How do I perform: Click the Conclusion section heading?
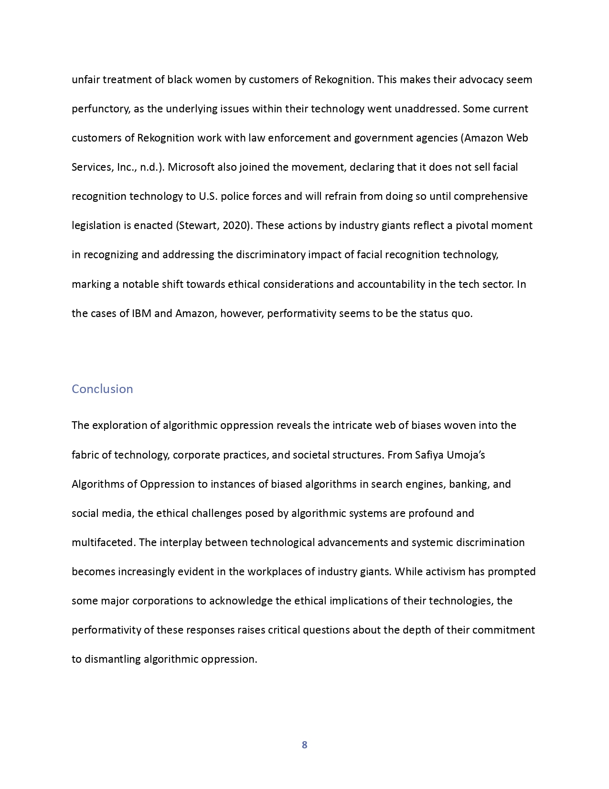(102, 389)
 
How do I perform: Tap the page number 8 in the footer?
(304, 745)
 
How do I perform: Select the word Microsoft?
(190, 167)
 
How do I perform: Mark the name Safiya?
(429, 455)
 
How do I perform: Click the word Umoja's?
(466, 455)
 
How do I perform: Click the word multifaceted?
(103, 542)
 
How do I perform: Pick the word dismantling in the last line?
(113, 659)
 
